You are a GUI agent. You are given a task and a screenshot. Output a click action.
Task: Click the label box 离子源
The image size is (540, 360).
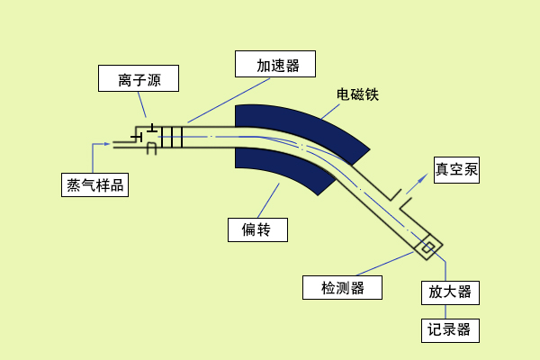(x=139, y=79)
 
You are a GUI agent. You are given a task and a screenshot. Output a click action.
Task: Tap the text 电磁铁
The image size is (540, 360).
(x=357, y=94)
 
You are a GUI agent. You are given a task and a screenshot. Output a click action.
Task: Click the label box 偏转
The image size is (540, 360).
(x=257, y=229)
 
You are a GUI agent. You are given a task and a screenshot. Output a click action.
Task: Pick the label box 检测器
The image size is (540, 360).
(x=342, y=287)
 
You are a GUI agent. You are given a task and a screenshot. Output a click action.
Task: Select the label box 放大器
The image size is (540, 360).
(x=450, y=292)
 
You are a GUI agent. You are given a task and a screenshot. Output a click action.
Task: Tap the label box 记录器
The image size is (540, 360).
(x=450, y=329)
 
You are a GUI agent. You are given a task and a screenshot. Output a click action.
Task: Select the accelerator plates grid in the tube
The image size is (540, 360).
(x=171, y=137)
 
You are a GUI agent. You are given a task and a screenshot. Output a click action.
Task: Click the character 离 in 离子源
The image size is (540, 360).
(x=124, y=79)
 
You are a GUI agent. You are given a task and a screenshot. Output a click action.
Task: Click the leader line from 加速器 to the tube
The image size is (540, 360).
(x=229, y=100)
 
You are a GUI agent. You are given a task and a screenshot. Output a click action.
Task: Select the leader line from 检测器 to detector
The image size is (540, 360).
(x=387, y=263)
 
